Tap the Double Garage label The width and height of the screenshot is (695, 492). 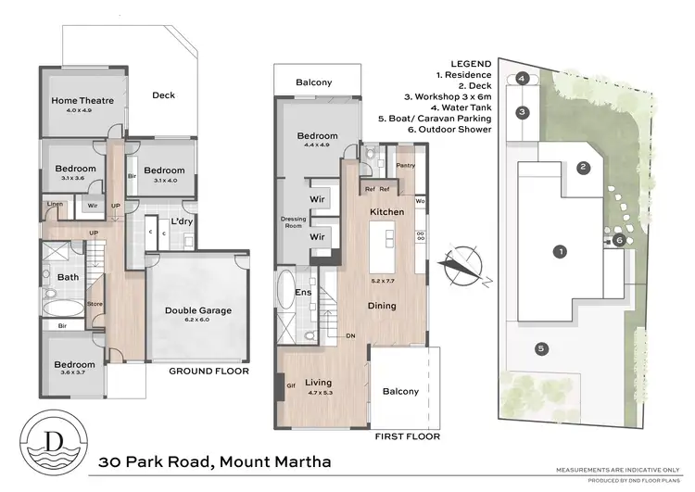click(x=197, y=310)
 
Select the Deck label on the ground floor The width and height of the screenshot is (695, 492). click(x=163, y=95)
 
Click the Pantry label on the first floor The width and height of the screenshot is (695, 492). click(x=405, y=166)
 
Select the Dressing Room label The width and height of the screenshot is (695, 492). click(x=293, y=221)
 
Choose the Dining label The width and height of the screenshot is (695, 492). click(x=381, y=306)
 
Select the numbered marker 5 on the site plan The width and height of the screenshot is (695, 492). click(x=539, y=348)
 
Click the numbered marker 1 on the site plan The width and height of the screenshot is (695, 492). click(x=559, y=251)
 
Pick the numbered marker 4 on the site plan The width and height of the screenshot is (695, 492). click(x=523, y=79)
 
